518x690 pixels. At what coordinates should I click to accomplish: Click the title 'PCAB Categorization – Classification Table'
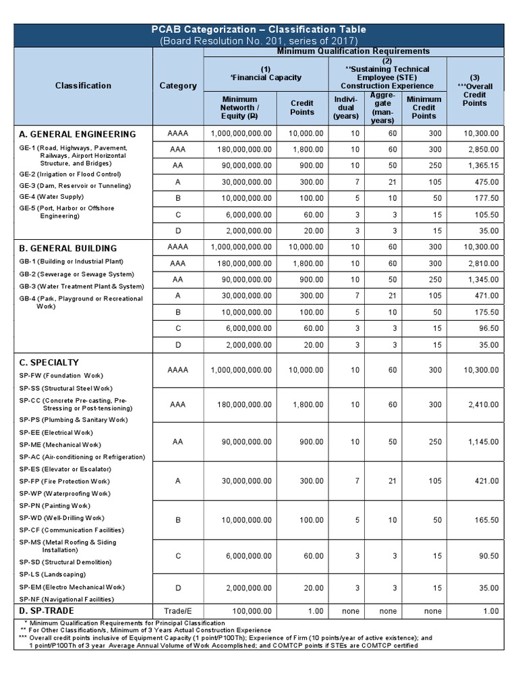tap(260, 29)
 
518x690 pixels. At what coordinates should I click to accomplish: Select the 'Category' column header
tap(178, 86)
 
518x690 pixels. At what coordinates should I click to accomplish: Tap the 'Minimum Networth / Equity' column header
tap(239, 108)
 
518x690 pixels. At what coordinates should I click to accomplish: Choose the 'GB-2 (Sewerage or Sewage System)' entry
tap(76, 274)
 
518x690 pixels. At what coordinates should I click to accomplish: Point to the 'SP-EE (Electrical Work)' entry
tap(56, 433)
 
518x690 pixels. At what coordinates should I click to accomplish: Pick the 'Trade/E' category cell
tap(178, 611)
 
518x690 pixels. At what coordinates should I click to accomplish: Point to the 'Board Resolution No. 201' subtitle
tap(260, 41)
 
